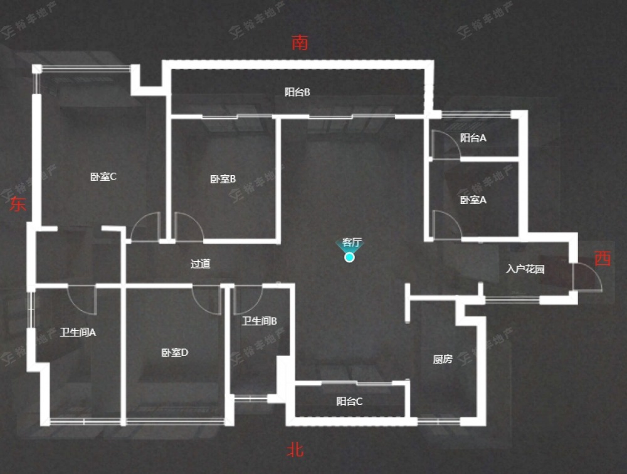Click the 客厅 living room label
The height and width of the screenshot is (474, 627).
pos(352,242)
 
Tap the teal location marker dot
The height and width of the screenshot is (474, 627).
pos(350,257)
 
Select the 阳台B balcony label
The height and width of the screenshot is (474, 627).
pos(298,92)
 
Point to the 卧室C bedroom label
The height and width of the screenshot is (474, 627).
pos(103,177)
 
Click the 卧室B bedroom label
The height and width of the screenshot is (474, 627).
pos(223,179)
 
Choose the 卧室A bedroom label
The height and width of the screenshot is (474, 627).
pos(473,200)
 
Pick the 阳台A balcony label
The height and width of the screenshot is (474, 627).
pos(473,138)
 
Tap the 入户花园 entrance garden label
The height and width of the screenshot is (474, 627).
pos(525,270)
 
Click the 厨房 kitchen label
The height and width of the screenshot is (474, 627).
pos(443,359)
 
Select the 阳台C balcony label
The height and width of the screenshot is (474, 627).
pos(349,402)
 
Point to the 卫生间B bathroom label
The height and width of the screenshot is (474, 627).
pos(260,321)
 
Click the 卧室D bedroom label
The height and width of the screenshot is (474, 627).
pos(175,353)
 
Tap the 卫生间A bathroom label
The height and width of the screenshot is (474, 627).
pos(78,333)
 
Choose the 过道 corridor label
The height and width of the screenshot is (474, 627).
pos(201,264)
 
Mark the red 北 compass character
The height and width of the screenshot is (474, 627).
pos(296,450)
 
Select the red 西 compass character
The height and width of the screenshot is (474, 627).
pos(603,259)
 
